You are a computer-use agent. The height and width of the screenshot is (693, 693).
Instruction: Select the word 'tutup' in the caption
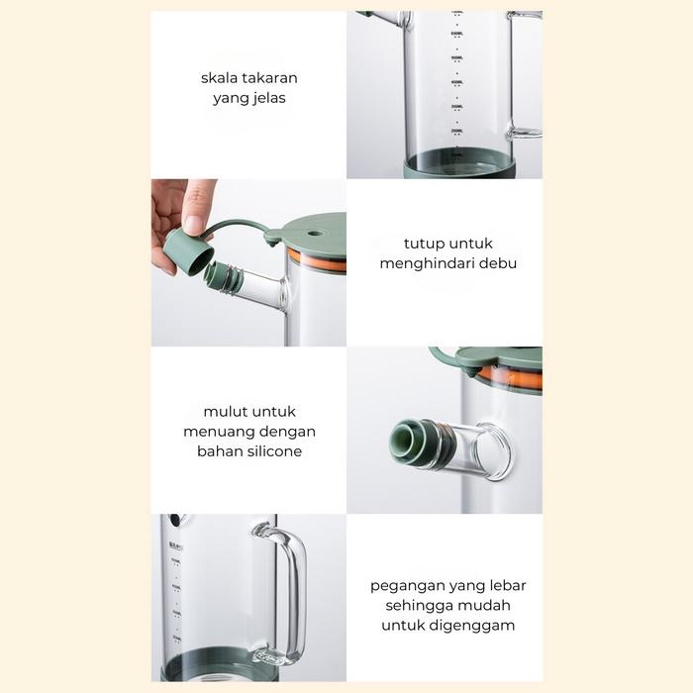(421, 244)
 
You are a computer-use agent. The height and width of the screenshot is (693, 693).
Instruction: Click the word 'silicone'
(274, 451)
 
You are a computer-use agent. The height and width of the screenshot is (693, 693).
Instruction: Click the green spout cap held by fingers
(188, 252)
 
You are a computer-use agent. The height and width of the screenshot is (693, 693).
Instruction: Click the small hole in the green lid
(314, 233)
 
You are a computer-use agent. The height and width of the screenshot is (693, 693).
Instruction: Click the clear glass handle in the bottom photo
(300, 592)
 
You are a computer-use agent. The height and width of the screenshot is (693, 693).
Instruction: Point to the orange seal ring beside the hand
(317, 260)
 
